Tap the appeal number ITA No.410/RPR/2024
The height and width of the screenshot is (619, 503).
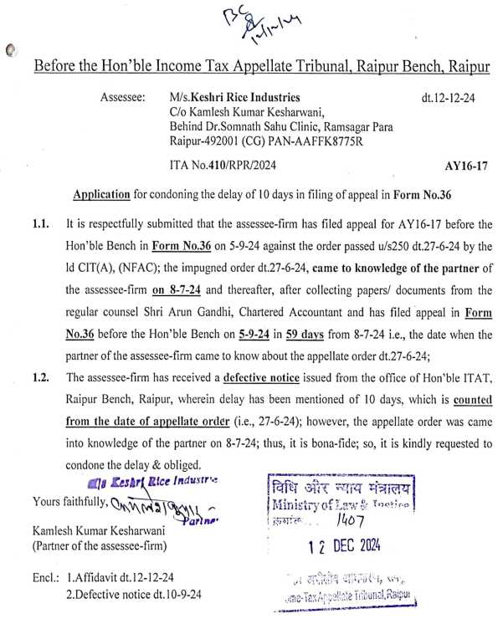[216, 166]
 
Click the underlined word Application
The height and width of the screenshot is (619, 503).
[101, 194]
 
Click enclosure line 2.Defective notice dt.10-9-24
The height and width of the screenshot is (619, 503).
[143, 595]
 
